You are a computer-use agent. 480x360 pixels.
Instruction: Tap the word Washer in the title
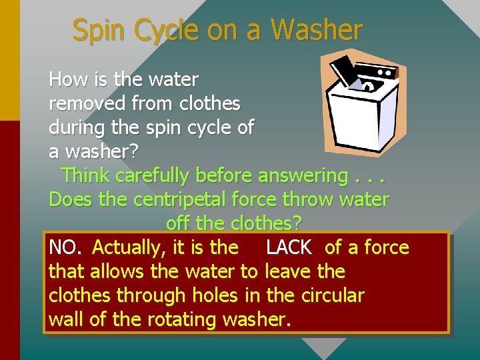tap(317, 31)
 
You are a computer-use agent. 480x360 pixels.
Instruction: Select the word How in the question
tap(65, 80)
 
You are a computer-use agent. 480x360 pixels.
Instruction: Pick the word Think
tap(86, 176)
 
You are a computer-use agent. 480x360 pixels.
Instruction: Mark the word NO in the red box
tap(63, 248)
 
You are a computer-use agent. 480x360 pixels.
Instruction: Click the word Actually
tap(129, 248)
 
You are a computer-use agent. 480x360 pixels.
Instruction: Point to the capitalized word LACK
tap(288, 248)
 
